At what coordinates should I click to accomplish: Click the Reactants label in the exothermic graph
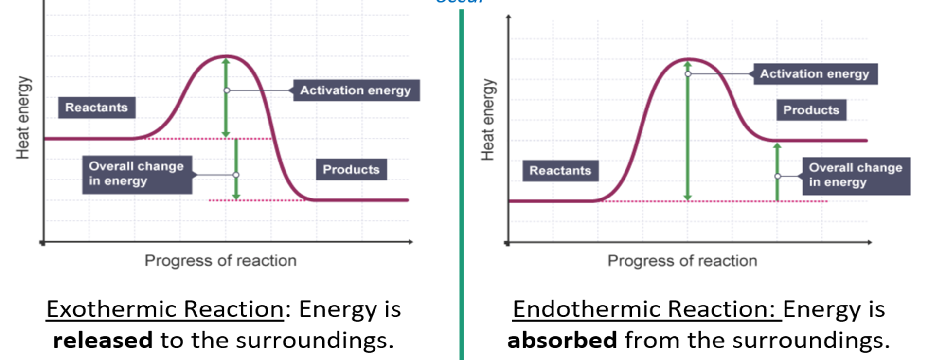point(97,108)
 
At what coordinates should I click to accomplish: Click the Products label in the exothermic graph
point(351,169)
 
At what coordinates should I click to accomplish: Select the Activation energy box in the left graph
point(356,90)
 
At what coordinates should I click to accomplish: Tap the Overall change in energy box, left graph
point(137,174)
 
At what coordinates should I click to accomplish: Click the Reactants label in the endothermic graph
point(560,171)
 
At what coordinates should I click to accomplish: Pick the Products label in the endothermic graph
point(811,110)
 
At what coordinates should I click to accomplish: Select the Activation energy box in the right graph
point(815,74)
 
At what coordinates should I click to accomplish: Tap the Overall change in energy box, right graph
point(856,175)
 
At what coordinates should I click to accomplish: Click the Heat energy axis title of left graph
point(23,118)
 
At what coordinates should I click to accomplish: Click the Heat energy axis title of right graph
point(487,120)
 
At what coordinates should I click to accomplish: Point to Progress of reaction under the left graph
point(220,261)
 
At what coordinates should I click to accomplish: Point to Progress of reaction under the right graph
point(682,261)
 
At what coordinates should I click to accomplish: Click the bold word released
point(103,340)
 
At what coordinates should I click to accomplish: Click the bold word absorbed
point(562,340)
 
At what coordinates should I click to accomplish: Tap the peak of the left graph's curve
point(225,56)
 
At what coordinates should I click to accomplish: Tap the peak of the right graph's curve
point(688,59)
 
